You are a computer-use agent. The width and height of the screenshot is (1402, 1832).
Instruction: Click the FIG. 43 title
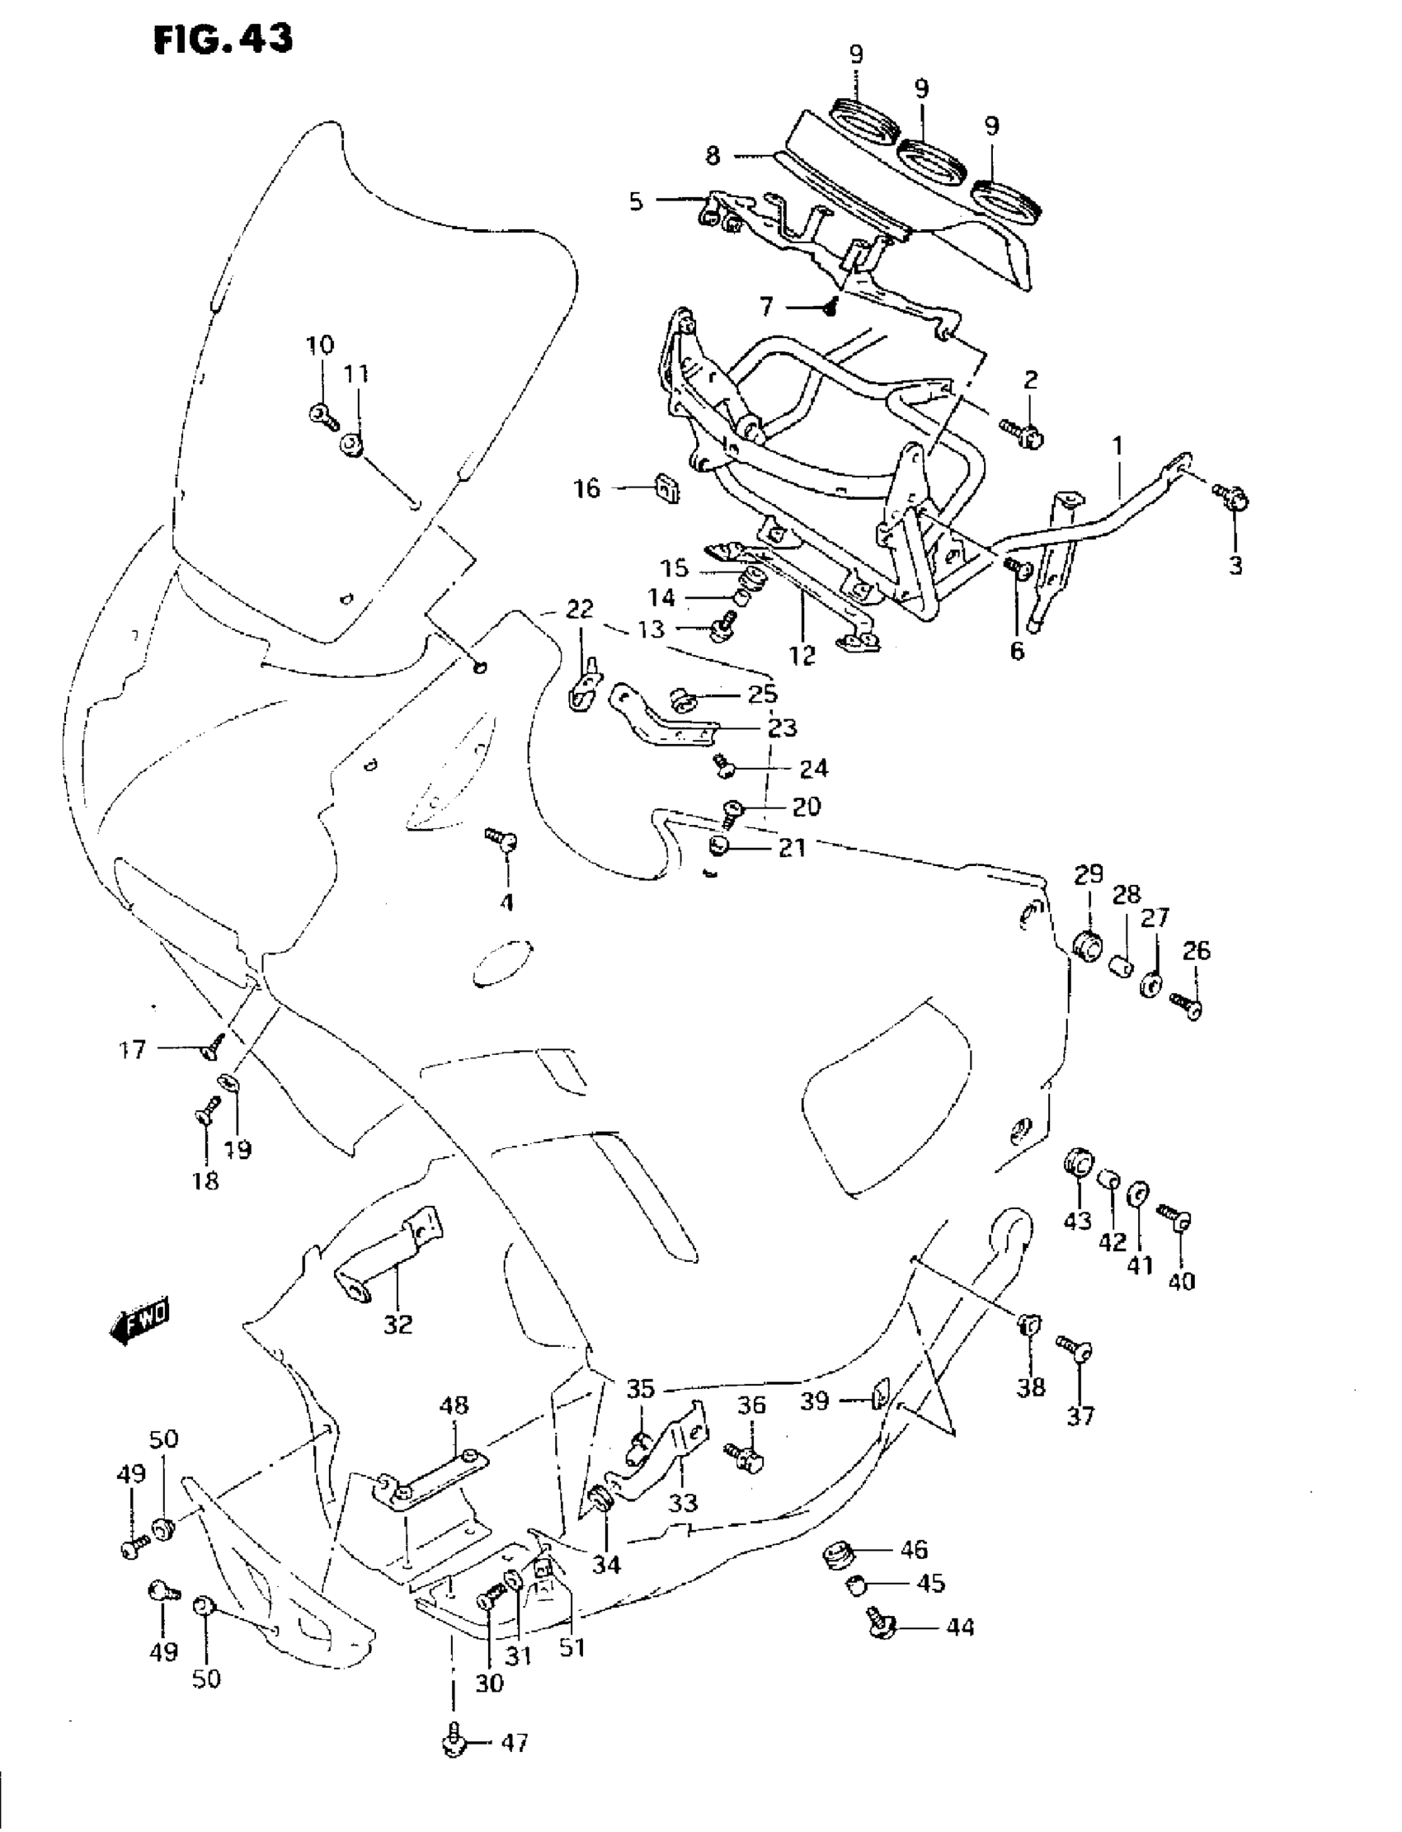click(223, 40)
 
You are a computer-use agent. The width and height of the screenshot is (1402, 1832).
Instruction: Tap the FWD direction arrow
click(139, 1321)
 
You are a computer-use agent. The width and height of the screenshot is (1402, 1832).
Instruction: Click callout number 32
click(398, 1324)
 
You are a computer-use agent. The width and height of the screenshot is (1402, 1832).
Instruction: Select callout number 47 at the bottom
click(514, 1744)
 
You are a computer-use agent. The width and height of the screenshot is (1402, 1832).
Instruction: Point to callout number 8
click(712, 155)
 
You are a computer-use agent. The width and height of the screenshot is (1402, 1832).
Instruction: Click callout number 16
click(586, 488)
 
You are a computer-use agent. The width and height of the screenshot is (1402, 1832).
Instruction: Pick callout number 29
click(1089, 874)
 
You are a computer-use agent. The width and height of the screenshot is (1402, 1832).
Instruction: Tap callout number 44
click(962, 1627)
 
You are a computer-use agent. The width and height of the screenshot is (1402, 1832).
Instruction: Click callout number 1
click(1117, 446)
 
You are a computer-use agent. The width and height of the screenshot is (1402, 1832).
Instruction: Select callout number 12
click(802, 656)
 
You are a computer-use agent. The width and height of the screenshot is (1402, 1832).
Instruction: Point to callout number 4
click(506, 902)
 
